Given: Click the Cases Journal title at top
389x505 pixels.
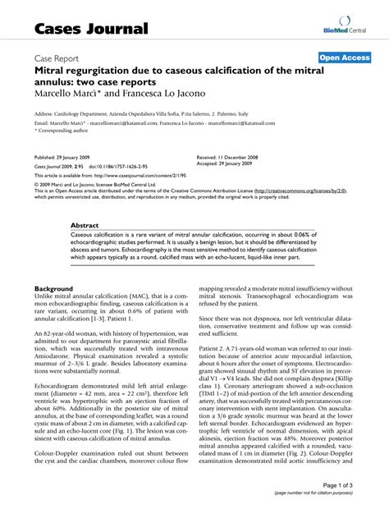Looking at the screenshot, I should coord(91,29).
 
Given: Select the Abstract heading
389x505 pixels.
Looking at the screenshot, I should coord(85,224).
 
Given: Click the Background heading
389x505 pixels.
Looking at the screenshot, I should coord(56,289).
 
